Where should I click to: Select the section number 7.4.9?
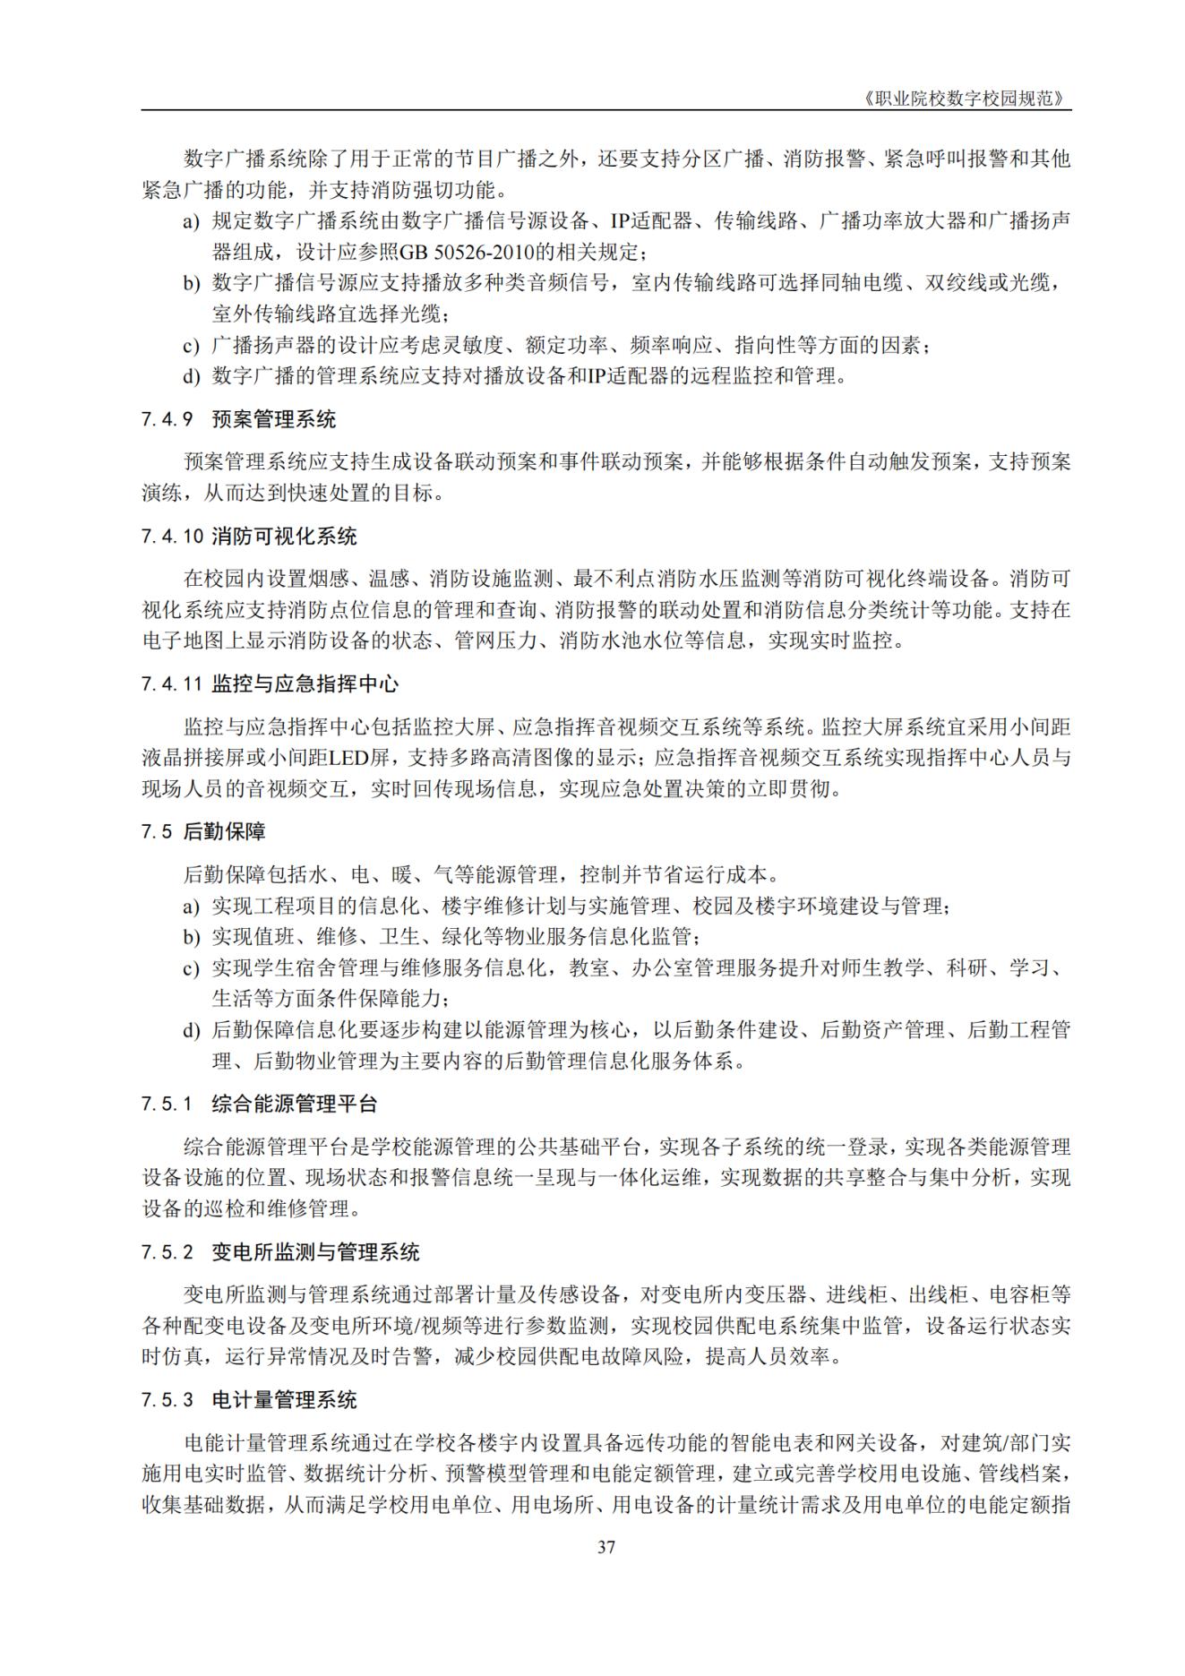[167, 419]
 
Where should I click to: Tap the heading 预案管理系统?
[274, 419]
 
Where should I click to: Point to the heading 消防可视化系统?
[284, 537]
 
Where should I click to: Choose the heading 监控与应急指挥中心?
[305, 684]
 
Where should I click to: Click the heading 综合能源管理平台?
[295, 1104]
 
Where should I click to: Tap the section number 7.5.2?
[167, 1252]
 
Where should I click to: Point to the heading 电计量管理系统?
[284, 1400]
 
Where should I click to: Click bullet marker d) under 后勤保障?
[192, 1031]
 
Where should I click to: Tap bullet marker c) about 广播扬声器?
[192, 346]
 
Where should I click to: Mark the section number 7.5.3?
[167, 1400]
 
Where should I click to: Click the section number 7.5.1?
[167, 1104]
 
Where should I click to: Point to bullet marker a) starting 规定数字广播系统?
[192, 221]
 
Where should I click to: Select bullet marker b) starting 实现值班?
[192, 938]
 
